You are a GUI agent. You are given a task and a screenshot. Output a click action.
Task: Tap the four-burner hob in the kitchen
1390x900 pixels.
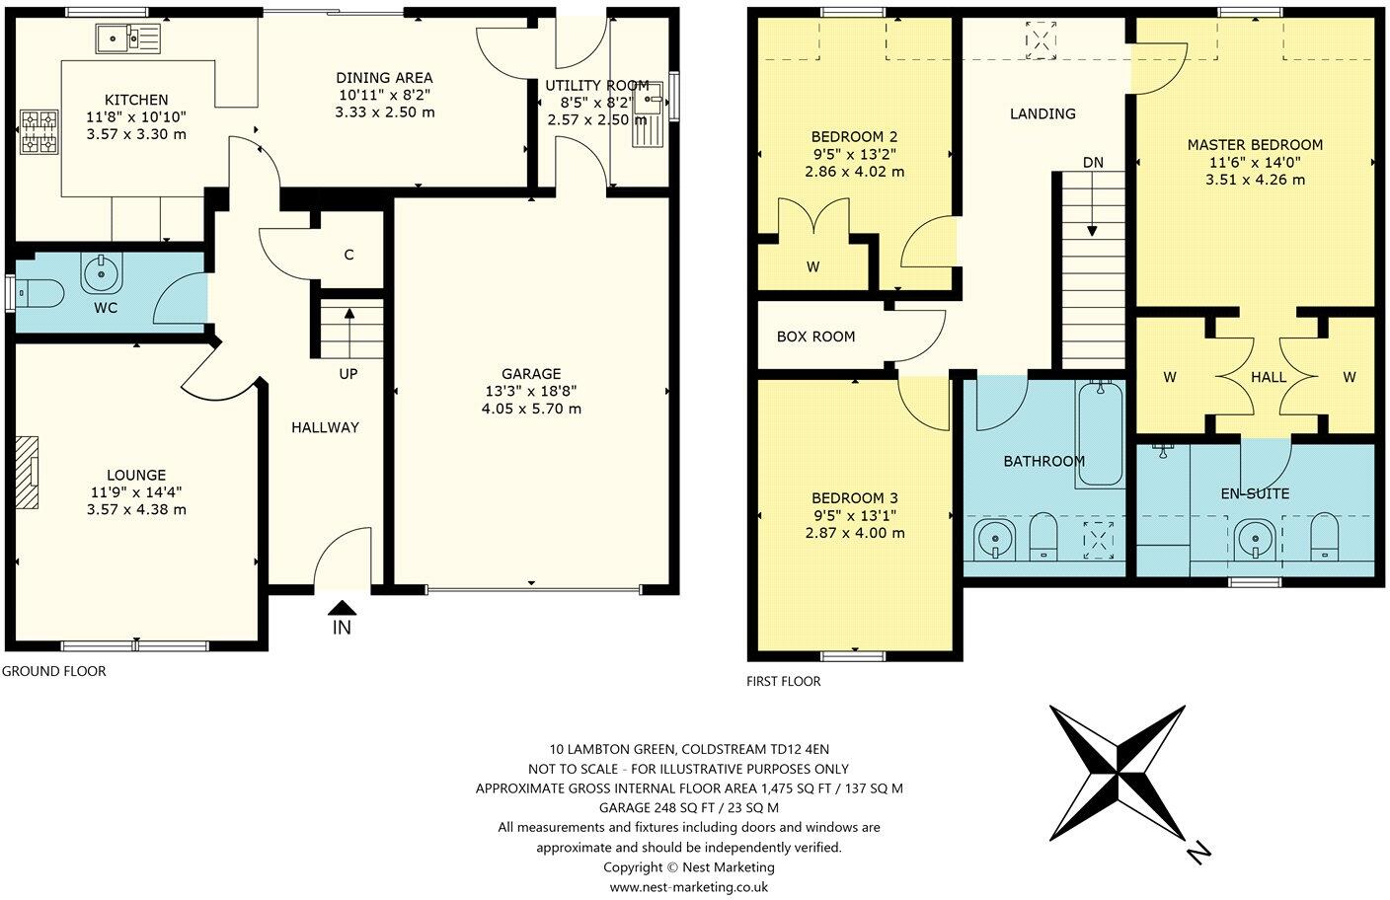pos(38,132)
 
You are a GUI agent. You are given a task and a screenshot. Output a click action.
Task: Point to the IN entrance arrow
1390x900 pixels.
pos(342,610)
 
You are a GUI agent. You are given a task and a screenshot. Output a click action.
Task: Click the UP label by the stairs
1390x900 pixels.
pos(348,374)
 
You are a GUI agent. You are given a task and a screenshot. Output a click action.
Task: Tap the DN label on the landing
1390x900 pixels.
pos(1093,163)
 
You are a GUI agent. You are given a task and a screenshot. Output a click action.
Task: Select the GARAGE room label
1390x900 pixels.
pos(531,374)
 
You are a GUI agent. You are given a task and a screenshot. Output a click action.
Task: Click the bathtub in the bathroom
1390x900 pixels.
pos(1100,433)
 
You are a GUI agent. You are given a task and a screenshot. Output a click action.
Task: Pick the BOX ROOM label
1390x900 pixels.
pos(815,337)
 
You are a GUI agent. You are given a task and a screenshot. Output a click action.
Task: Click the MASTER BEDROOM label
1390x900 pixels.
pos(1255,145)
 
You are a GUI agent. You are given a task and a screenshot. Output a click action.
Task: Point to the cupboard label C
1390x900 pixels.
pos(348,255)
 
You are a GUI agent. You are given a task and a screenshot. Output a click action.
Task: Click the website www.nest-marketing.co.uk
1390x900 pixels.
pos(688,886)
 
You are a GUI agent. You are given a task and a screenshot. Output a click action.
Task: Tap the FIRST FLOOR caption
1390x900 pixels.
pos(784,681)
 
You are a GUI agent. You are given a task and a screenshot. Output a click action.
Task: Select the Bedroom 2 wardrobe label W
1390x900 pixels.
pos(813,266)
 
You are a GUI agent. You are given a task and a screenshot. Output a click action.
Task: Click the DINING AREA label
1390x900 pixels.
pos(384,78)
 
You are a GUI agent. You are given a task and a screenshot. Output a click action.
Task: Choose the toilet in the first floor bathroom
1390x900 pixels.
pos(1043,539)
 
